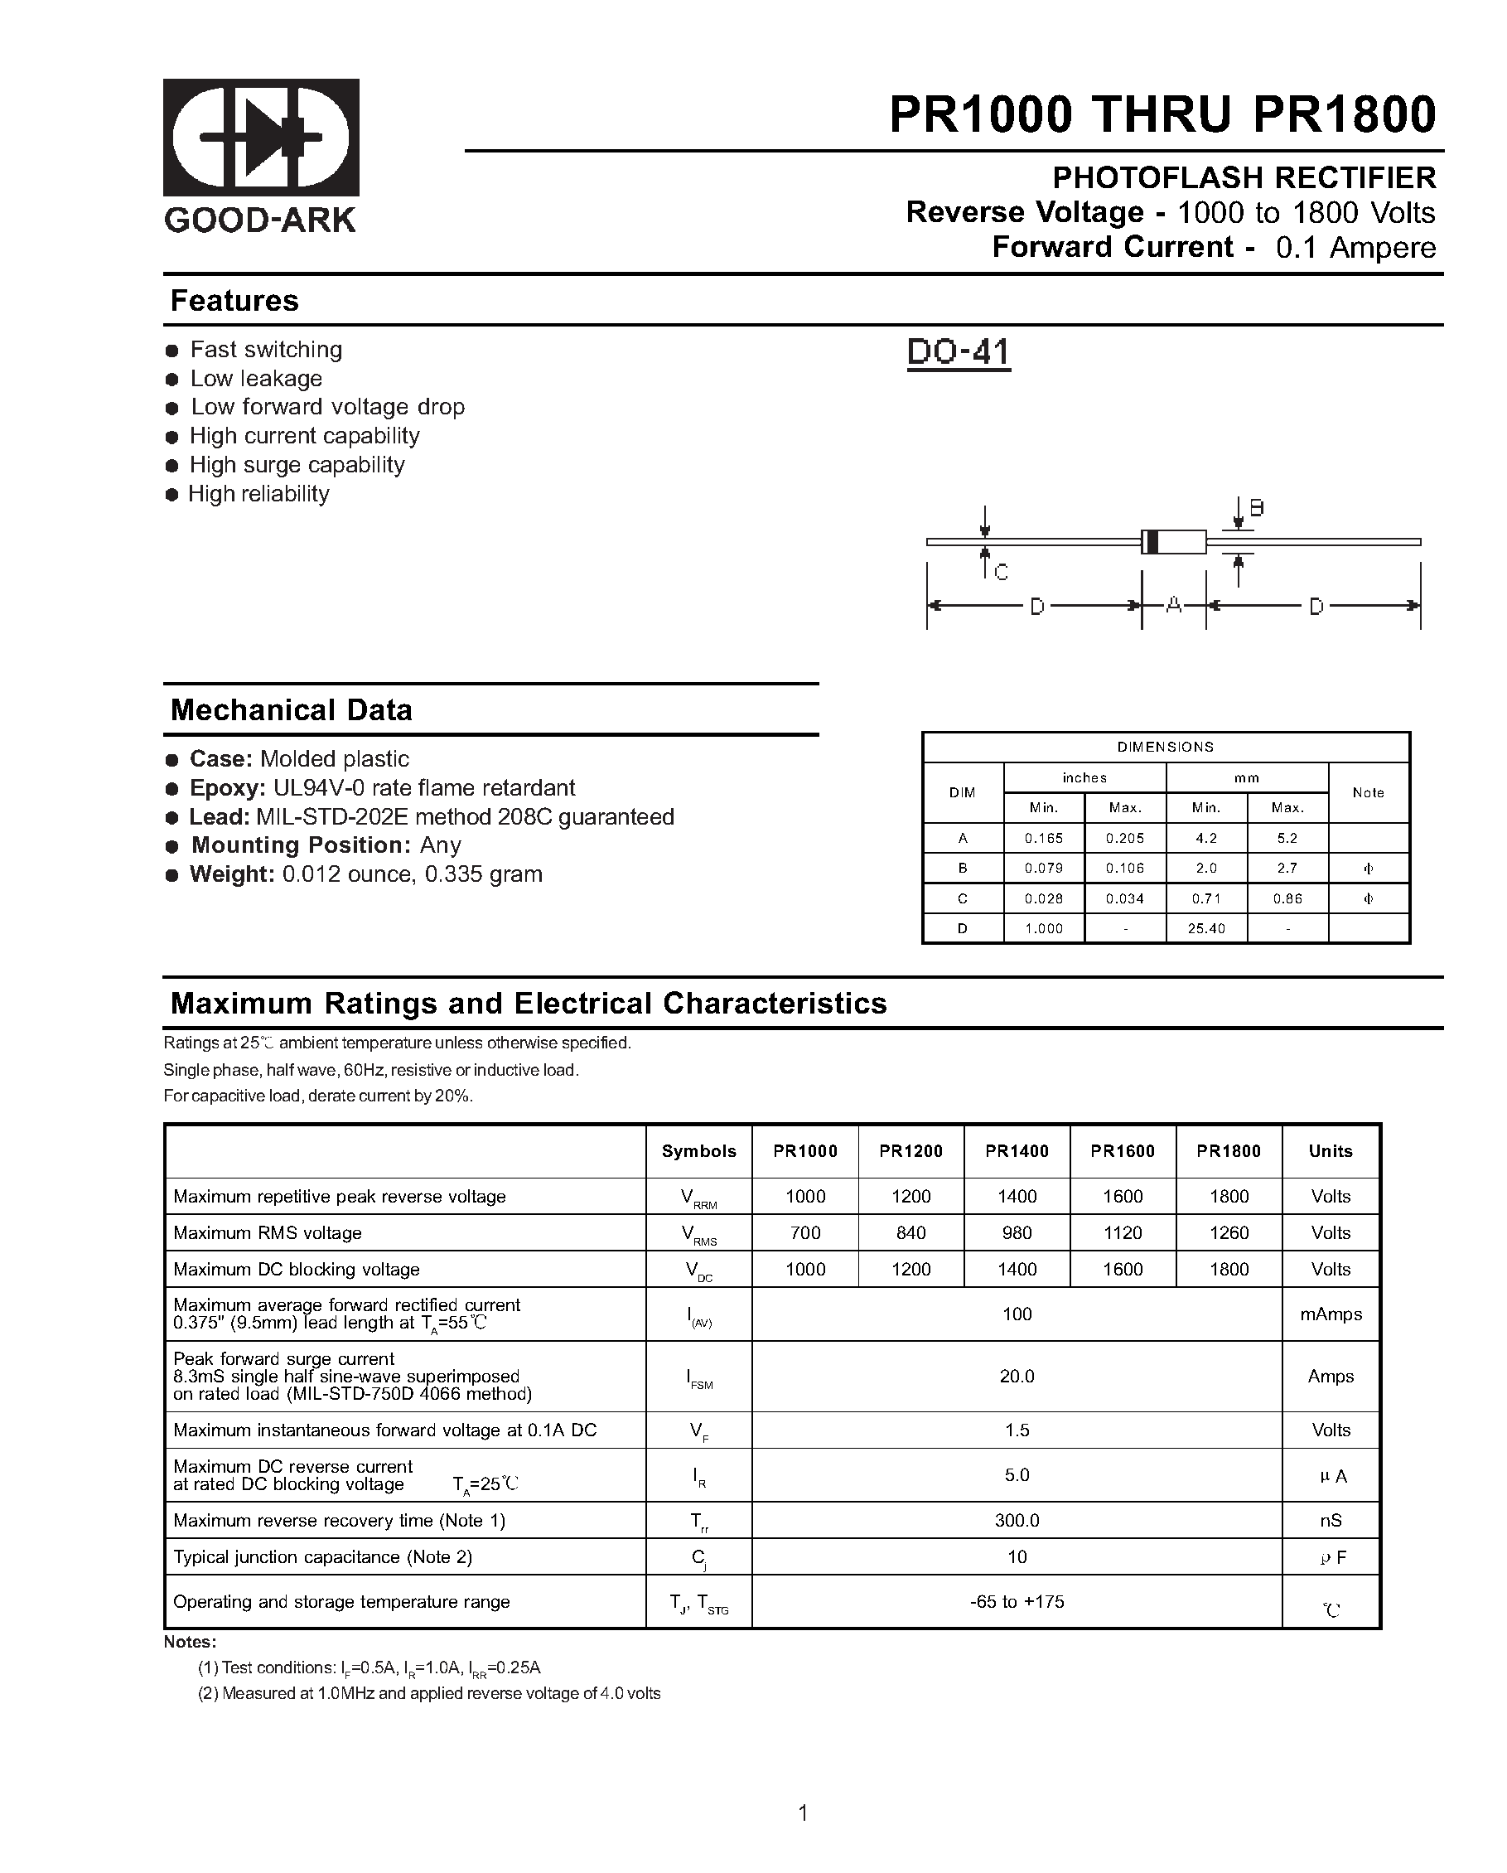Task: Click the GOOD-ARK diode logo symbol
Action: [x=261, y=138]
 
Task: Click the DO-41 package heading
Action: [x=958, y=352]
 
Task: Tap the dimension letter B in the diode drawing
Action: [x=1256, y=508]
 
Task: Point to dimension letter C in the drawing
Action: [x=1001, y=573]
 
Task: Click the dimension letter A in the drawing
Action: [x=1173, y=605]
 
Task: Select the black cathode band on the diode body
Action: [x=1152, y=541]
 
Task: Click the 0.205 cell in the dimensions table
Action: [x=1125, y=839]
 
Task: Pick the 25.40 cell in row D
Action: [x=1205, y=929]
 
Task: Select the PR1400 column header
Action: [x=1017, y=1151]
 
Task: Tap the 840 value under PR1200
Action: [x=910, y=1232]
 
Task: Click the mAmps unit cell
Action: [x=1330, y=1314]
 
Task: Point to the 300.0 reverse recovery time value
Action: [x=1017, y=1520]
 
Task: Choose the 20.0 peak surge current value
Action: [x=1017, y=1376]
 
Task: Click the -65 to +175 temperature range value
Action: [x=1017, y=1601]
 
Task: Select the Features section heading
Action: [x=234, y=301]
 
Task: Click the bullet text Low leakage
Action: [x=255, y=379]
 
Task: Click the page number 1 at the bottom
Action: [x=803, y=1813]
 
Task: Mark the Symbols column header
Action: [x=698, y=1151]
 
